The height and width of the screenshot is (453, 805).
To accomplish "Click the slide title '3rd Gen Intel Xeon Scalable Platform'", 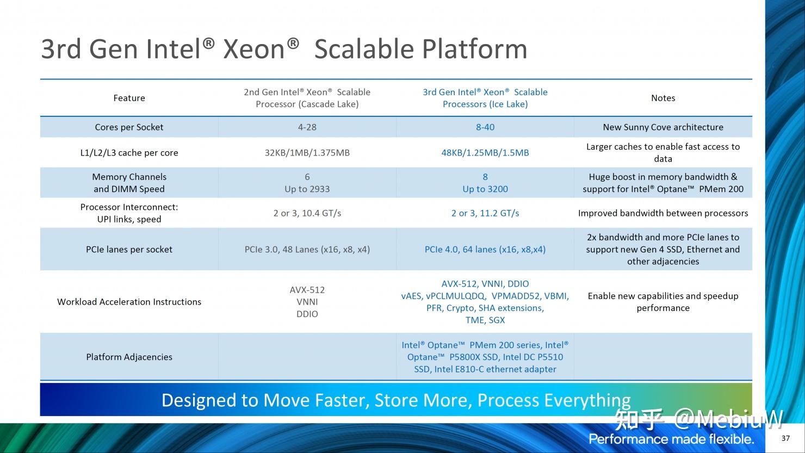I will point(284,49).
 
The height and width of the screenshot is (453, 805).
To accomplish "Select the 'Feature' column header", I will point(129,98).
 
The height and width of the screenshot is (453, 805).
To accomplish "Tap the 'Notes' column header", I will point(662,98).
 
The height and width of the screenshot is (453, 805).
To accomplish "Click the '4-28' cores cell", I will point(307,127).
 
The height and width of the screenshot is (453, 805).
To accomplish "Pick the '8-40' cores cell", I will point(485,127).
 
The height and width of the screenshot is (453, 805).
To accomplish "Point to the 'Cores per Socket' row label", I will point(129,127).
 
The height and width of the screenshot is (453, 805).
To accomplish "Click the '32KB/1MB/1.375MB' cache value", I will point(307,153).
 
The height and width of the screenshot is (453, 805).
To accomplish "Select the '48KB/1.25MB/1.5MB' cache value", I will point(485,153).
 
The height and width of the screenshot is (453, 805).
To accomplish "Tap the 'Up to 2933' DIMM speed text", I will point(307,189).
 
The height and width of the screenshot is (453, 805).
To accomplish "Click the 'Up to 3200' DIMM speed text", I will point(485,189).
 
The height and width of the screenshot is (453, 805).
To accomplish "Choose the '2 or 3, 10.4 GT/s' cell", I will point(307,213).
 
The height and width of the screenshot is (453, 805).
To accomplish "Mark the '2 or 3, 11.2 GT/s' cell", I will point(485,213).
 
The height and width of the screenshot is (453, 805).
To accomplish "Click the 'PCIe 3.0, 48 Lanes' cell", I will point(307,250).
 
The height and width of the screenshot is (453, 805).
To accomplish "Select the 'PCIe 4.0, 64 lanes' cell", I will point(485,250).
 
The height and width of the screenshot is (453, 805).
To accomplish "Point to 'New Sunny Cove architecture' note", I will point(662,127).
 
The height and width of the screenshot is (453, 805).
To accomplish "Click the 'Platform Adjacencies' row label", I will point(129,357).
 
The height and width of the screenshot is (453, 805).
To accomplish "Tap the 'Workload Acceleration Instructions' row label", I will point(129,302).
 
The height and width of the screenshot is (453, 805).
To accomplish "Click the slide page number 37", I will point(785,438).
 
